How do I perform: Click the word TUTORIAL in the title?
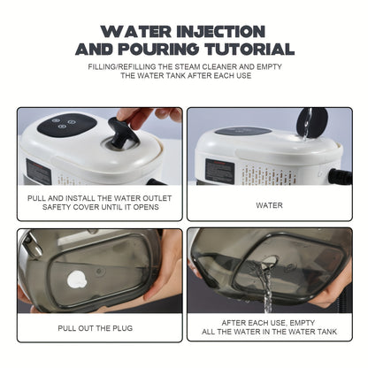(242, 50)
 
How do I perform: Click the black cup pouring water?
(310, 120)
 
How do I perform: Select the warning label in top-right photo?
(218, 171)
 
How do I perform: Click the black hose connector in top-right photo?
(340, 175)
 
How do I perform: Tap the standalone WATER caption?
(269, 204)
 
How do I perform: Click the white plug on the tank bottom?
(77, 280)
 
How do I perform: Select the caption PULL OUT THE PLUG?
(98, 326)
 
